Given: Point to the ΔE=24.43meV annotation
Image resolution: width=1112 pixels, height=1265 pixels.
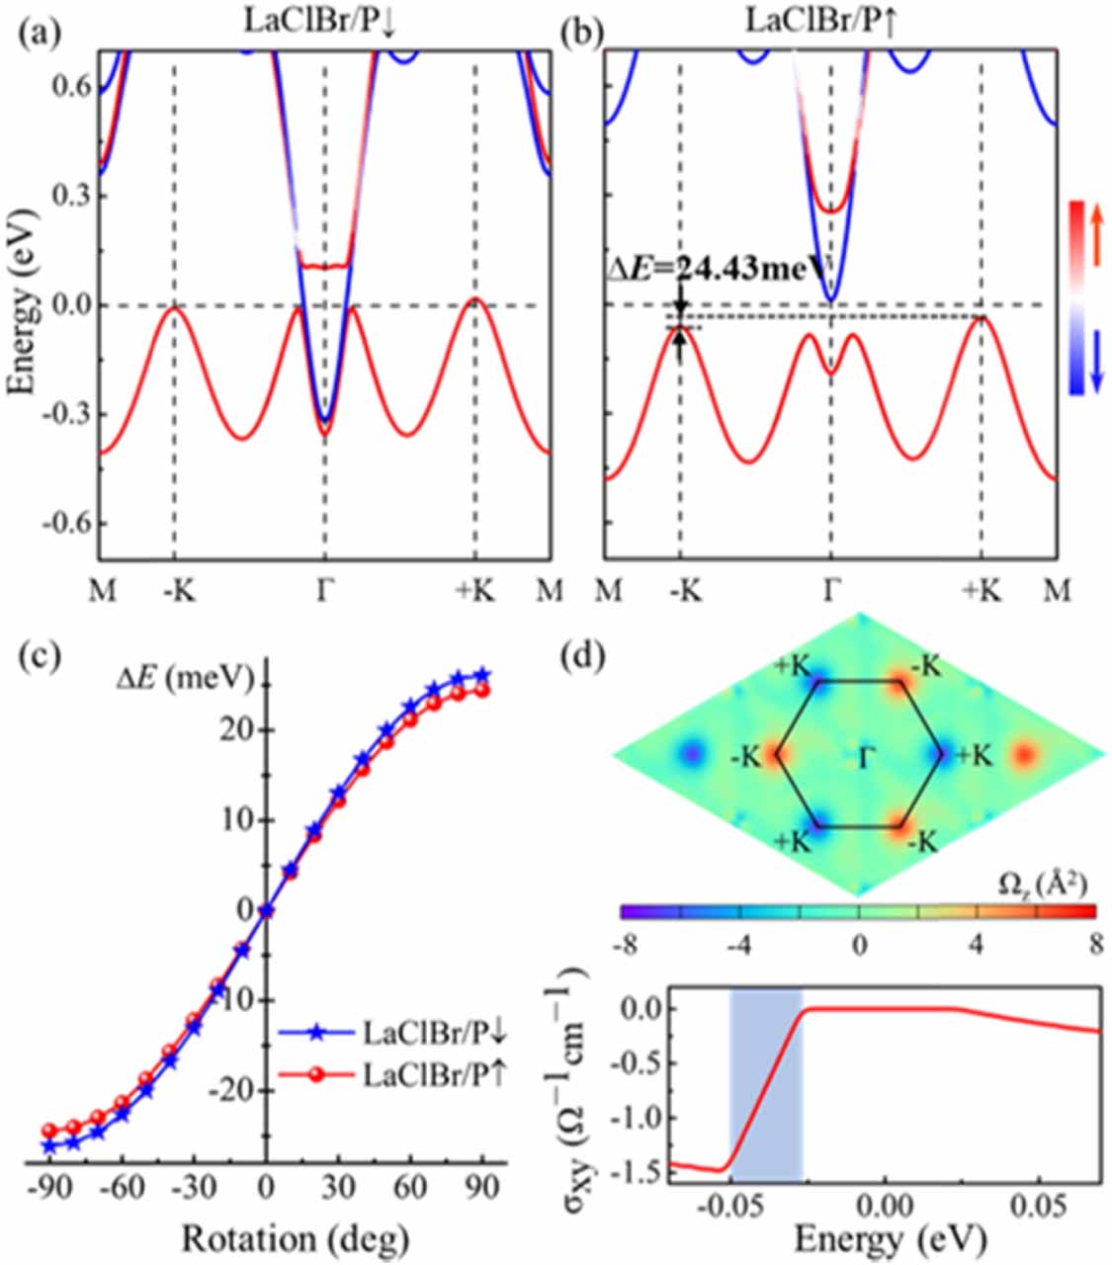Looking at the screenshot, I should click(x=719, y=266).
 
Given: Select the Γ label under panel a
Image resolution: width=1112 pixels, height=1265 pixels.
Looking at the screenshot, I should click(x=324, y=591).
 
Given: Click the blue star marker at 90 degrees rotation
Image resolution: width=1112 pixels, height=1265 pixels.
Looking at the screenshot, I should click(x=482, y=675).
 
